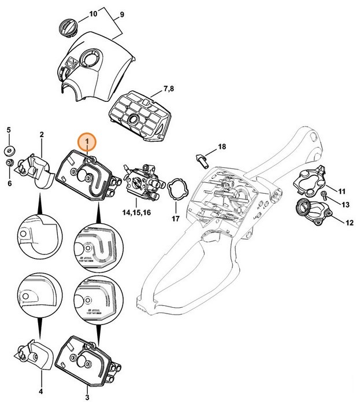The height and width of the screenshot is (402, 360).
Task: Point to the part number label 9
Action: tap(122, 14)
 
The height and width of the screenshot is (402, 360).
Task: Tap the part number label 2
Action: tap(42, 135)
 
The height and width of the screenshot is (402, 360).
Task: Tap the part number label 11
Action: tap(342, 191)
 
